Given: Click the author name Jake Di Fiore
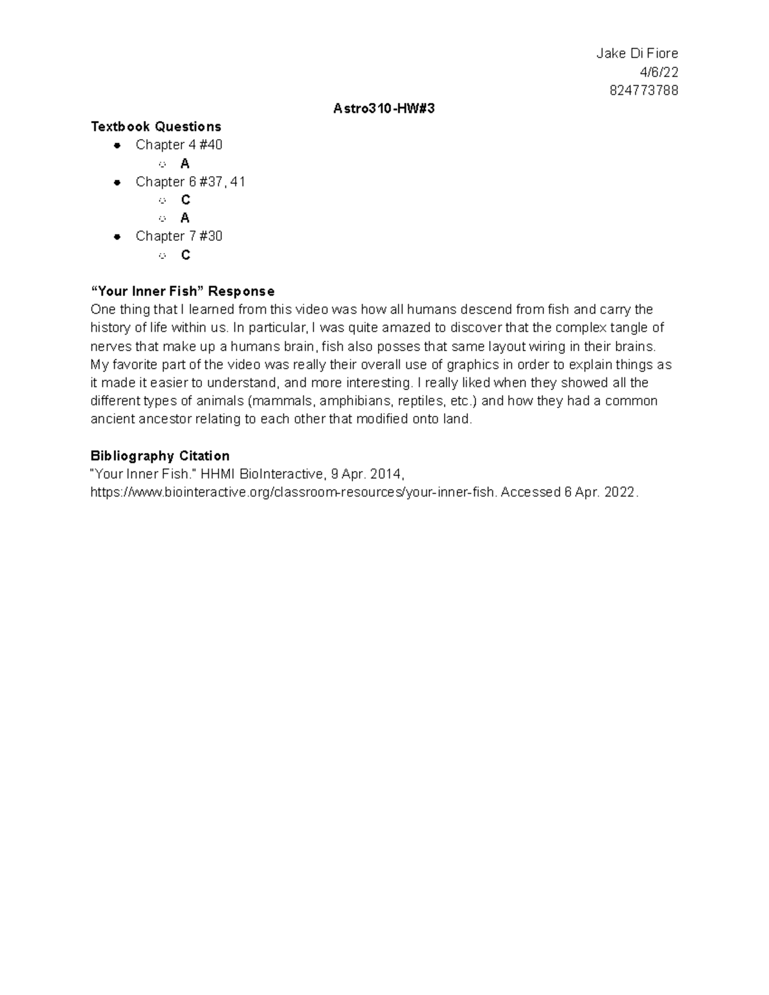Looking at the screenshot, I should pos(636,53).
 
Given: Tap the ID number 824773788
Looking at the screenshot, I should pos(643,90).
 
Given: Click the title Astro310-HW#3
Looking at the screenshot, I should pos(384,109).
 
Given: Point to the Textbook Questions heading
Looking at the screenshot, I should pos(156,127).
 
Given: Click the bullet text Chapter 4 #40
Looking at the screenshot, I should pos(179,145).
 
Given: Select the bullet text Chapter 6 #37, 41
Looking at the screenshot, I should pos(190,182).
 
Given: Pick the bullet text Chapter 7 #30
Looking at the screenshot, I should pos(179,236).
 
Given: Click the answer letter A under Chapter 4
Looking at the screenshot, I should pos(185,164).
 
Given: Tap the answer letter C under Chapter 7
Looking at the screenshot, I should pos(186,255).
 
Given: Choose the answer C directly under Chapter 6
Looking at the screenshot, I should pos(186,201).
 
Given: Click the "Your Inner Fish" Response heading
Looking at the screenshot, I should pos(182,292).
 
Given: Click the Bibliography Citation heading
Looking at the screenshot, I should pos(160,456).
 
